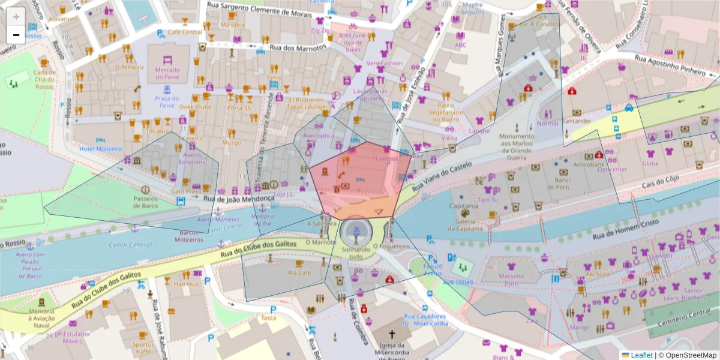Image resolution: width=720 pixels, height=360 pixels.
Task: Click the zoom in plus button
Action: tap(16, 17)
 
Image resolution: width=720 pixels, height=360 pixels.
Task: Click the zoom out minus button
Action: tap(16, 35)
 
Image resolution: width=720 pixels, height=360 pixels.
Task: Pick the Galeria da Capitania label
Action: tap(463, 223)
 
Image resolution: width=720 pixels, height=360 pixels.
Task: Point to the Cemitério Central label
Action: tap(684, 317)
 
